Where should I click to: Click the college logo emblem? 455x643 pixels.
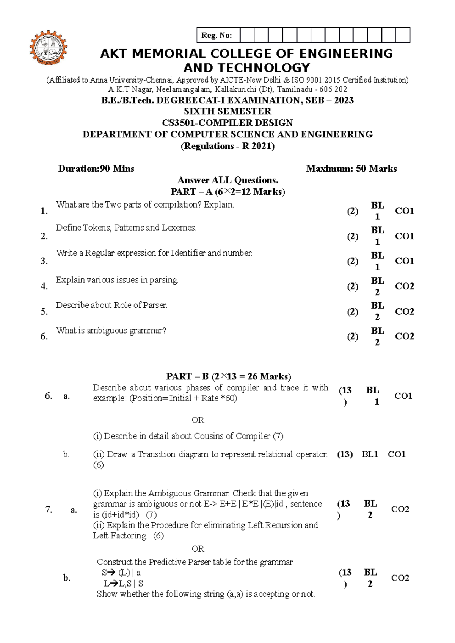pos(49,48)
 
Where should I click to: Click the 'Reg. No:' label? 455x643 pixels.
pos(217,36)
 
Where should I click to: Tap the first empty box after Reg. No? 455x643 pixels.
pos(247,35)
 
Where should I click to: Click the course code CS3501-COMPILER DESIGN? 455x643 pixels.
pos(227,123)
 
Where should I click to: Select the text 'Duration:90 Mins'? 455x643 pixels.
pos(96,169)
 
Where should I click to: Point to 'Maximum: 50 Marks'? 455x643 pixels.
pos(351,169)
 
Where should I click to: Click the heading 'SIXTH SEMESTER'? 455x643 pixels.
pos(227,111)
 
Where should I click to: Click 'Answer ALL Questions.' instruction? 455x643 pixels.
pos(228,180)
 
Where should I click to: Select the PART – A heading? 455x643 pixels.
pos(227,192)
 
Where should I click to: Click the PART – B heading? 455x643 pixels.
pos(229,376)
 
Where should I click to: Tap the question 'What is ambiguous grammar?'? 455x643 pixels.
pos(111,330)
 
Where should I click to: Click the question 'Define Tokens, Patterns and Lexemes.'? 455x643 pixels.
pos(126,228)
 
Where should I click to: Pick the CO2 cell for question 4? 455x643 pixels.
pos(404,286)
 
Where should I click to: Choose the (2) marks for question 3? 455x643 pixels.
pos(352,261)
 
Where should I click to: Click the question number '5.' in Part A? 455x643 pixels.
pos(44,311)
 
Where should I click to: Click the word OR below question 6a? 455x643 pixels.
pos(198,420)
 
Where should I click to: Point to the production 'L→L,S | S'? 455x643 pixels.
pos(123,583)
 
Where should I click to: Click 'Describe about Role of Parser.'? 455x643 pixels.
pos(111,305)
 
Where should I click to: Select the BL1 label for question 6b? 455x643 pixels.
pos(370,454)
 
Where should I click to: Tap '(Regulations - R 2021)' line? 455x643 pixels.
pos(227,146)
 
